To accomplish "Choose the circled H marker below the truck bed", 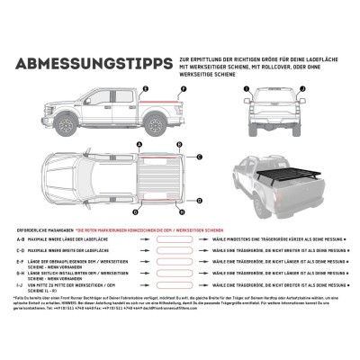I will tap(181, 212).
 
